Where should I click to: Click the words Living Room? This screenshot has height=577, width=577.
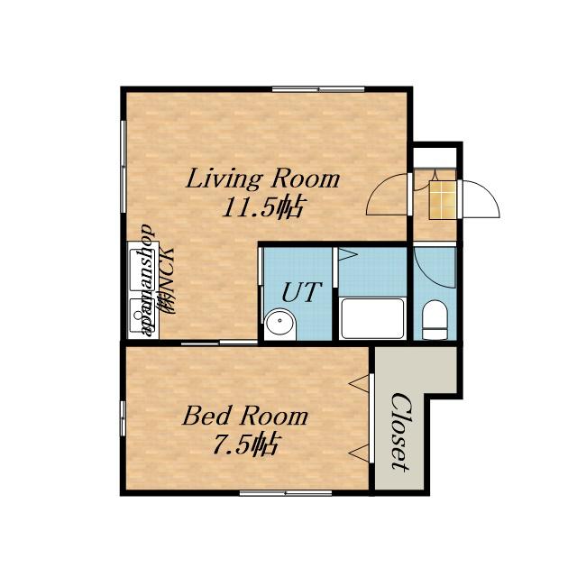[x=262, y=179]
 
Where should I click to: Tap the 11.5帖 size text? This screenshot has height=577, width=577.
[x=262, y=207]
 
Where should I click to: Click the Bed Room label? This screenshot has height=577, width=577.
[x=244, y=416]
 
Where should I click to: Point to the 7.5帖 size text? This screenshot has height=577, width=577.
[x=245, y=444]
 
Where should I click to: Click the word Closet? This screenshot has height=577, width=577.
[x=400, y=431]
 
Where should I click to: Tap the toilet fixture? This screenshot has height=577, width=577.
[x=435, y=319]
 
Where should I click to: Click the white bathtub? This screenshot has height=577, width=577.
[x=372, y=318]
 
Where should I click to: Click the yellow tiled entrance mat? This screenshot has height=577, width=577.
[x=444, y=199]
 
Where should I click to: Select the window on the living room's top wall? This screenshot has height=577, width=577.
[x=318, y=88]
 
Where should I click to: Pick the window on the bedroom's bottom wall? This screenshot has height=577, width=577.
[x=286, y=493]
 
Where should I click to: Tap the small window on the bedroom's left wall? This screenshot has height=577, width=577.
[x=124, y=418]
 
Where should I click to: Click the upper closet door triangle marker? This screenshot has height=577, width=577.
[x=359, y=384]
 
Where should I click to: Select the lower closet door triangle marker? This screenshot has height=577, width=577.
[x=359, y=453]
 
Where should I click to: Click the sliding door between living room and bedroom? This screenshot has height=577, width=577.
[x=219, y=343]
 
